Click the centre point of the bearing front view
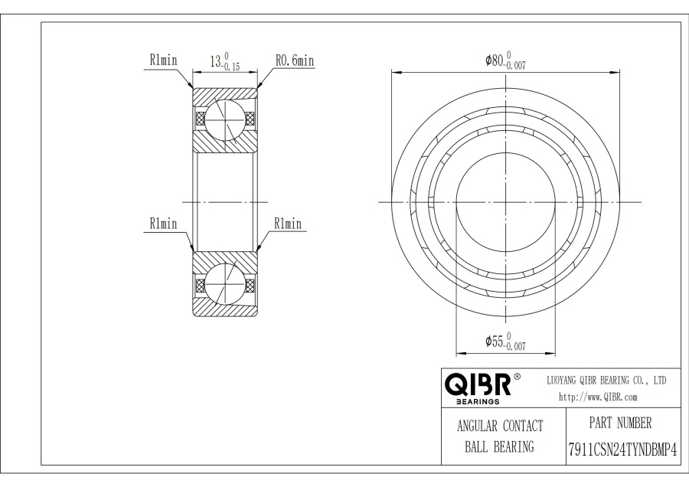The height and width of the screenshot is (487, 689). [x=506, y=202]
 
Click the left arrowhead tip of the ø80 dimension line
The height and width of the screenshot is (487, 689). [x=391, y=70]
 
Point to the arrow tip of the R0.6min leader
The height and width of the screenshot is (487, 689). [x=257, y=88]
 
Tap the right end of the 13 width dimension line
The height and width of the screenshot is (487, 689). [x=257, y=71]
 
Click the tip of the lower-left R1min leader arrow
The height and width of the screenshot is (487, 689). [x=193, y=252]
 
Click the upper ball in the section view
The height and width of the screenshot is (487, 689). [x=225, y=119]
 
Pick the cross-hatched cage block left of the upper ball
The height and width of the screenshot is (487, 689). [x=201, y=119]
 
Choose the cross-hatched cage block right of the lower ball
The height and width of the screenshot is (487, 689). [x=250, y=286]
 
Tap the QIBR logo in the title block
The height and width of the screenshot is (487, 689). [x=478, y=387]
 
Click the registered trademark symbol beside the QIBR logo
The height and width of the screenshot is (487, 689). [x=518, y=377]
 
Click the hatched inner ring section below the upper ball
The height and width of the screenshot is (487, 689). [x=225, y=142]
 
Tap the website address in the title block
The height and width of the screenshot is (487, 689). [x=598, y=397]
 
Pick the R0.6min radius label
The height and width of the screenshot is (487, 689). [x=295, y=60]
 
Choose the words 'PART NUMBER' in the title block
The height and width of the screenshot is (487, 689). [x=620, y=423]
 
